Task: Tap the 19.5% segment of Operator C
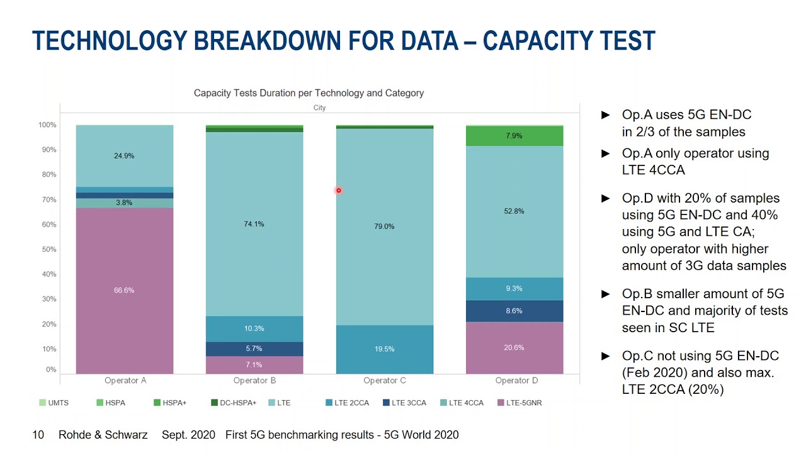click(384, 349)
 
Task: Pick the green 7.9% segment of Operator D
click(514, 136)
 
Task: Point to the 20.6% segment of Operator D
click(514, 348)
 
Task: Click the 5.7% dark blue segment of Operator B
click(254, 349)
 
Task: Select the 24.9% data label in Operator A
click(124, 156)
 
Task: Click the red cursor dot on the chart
click(338, 190)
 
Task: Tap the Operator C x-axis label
click(384, 381)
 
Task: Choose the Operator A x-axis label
click(125, 381)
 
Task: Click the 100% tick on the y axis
click(47, 125)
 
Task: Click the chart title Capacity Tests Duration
click(309, 93)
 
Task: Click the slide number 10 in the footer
click(38, 435)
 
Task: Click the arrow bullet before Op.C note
click(606, 356)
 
